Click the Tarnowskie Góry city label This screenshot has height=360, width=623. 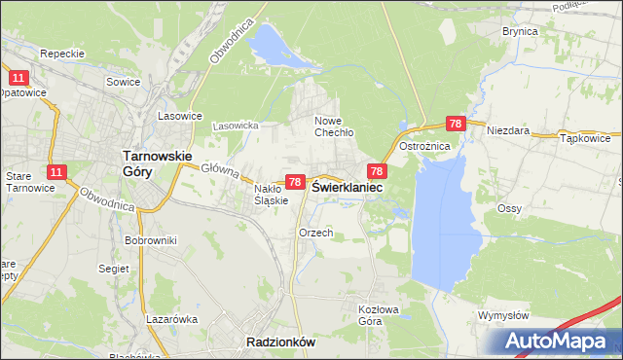click(156, 162)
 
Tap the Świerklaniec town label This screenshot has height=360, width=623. click(347, 186)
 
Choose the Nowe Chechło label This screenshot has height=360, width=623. click(333, 126)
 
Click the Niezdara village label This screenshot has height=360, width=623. click(507, 129)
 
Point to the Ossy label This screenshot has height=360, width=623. click(509, 208)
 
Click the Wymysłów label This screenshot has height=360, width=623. click(503, 315)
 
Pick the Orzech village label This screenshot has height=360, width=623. click(316, 233)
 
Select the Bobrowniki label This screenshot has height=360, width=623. click(149, 239)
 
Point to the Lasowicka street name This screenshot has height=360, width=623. click(235, 126)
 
